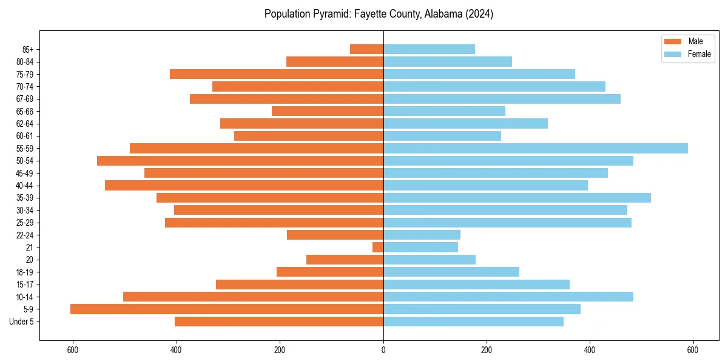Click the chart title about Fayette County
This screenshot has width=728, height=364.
tap(379, 14)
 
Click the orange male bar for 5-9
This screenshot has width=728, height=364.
tap(227, 309)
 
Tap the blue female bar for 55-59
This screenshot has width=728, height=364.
tap(535, 149)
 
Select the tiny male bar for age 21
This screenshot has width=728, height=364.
tap(378, 248)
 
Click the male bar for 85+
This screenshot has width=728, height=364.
tap(366, 49)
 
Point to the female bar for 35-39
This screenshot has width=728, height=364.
tap(517, 198)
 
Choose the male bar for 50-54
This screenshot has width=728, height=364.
tap(240, 161)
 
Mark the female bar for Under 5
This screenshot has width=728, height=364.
tap(473, 322)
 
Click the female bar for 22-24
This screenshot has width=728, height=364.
tap(422, 235)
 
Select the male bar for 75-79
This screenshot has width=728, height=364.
tap(277, 74)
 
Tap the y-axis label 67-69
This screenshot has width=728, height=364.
tap(25, 99)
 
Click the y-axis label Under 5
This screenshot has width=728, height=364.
tap(22, 322)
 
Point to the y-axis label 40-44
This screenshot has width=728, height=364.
tap(25, 186)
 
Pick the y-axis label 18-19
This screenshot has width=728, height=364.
tap(25, 272)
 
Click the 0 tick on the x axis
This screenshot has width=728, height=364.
tap(383, 350)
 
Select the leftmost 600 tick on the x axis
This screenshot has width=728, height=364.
tap(73, 350)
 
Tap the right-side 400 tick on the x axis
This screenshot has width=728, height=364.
tap(590, 350)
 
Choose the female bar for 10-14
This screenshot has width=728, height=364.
tap(508, 297)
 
